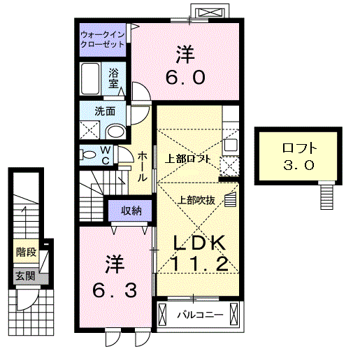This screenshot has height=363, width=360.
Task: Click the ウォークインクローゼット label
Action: [102, 38]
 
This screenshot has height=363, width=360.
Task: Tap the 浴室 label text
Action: [114, 77]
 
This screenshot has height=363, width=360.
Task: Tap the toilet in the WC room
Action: [88, 154]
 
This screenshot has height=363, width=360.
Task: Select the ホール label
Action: [142, 167]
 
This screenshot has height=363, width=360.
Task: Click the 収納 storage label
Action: [130, 210]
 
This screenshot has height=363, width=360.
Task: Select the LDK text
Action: [200, 242]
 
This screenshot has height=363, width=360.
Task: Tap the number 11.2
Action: [200, 264]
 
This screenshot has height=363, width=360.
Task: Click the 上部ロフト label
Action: [187, 158]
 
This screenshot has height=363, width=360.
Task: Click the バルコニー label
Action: [199, 315]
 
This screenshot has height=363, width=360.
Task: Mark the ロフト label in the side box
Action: [299, 148]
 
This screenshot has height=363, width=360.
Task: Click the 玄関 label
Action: [24, 276]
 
